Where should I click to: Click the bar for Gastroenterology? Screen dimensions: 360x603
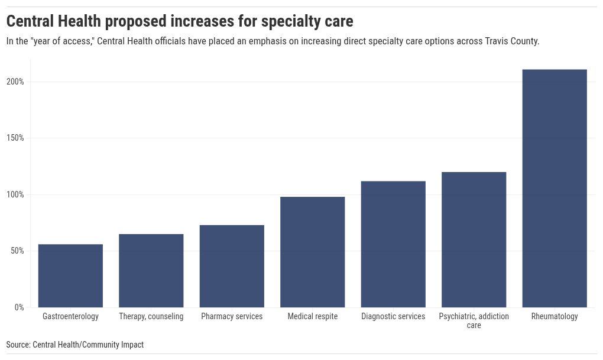(70, 275)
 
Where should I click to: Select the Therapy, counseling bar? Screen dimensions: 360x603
(151, 271)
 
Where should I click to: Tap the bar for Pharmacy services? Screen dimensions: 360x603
(232, 266)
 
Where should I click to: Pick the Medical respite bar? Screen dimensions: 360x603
(313, 252)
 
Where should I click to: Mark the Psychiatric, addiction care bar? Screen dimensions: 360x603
(474, 239)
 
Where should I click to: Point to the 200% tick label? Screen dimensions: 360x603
(15, 82)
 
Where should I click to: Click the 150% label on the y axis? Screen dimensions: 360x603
(15, 138)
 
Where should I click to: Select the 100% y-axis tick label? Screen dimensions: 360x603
(15, 194)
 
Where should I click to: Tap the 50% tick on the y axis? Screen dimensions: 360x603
(17, 251)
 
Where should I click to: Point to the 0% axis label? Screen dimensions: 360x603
(18, 307)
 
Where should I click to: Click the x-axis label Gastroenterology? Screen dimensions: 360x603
(70, 317)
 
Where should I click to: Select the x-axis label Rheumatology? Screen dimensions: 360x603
(555, 317)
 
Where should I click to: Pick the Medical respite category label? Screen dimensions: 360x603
(313, 317)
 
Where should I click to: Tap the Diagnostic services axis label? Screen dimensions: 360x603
(393, 317)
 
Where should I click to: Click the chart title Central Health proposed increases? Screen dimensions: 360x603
(180, 22)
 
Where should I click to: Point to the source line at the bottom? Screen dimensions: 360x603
(75, 345)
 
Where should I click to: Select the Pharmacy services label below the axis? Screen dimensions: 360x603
(232, 317)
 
